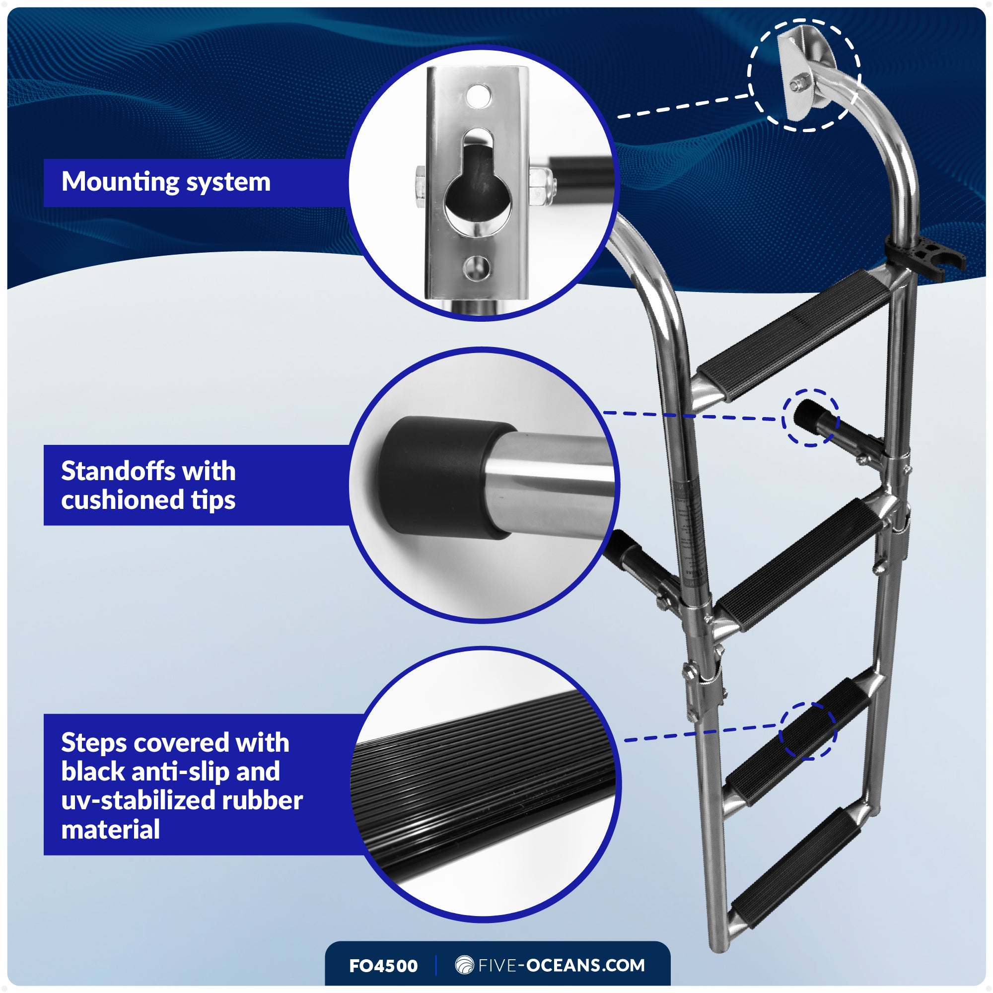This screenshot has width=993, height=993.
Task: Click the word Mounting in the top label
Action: coord(119,182)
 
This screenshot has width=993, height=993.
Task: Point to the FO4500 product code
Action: coord(383,966)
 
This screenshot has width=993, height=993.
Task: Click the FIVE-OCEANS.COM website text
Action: coord(561,965)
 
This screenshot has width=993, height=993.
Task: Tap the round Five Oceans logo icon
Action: coord(464,965)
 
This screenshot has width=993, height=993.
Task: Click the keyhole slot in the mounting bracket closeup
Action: coord(478,193)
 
